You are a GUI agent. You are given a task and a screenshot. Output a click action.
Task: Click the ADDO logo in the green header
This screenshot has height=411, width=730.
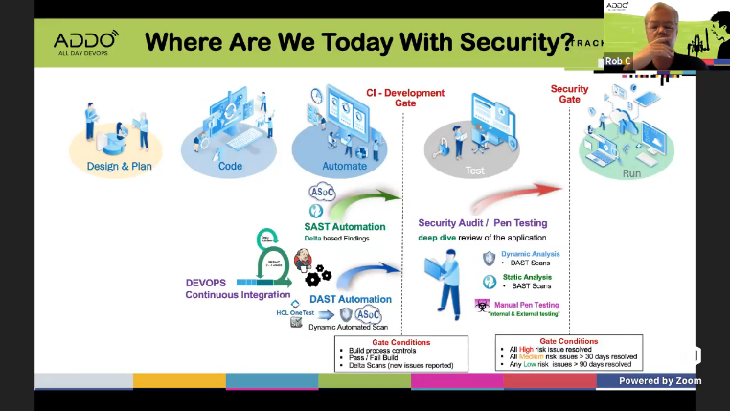tap(85, 43)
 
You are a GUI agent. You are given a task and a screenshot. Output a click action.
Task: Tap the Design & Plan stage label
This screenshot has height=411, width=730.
tap(119, 166)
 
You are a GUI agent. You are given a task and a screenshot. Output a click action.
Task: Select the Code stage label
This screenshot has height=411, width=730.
tap(230, 166)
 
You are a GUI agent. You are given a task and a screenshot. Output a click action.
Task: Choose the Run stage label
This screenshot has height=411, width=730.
tap(631, 173)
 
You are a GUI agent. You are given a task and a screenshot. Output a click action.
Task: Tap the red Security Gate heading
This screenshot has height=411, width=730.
tap(570, 94)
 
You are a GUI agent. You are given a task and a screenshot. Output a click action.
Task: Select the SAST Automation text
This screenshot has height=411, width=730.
tap(344, 227)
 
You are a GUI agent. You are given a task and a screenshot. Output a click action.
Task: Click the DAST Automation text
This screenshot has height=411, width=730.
tap(350, 299)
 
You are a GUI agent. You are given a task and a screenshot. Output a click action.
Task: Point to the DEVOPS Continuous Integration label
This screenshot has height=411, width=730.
tap(229, 289)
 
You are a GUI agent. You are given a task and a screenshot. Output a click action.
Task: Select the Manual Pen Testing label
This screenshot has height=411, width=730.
tap(526, 305)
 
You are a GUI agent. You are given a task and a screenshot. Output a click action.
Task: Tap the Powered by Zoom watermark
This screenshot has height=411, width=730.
tap(659, 380)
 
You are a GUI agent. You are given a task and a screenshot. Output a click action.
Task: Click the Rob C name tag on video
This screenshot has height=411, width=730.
tap(618, 61)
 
